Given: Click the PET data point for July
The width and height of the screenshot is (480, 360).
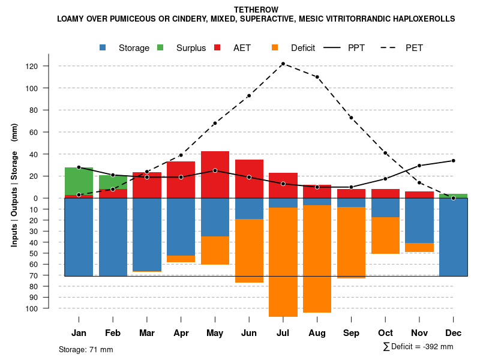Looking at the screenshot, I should (x=283, y=64).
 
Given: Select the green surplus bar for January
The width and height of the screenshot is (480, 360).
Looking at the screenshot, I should (x=79, y=181).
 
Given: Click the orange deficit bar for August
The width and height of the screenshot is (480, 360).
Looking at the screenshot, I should (x=317, y=259).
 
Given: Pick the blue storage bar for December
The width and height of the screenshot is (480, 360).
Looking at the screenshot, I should (x=453, y=237).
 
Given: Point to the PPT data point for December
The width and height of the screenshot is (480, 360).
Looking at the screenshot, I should (x=453, y=161).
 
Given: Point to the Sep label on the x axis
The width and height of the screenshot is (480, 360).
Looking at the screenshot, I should (x=351, y=333).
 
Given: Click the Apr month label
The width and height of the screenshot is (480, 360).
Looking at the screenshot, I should (x=181, y=333).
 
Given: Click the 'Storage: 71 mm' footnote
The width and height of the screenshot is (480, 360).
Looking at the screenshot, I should (x=86, y=349).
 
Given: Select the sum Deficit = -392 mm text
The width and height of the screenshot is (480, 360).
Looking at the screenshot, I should (x=418, y=347).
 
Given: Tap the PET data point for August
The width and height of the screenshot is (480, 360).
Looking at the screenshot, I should (x=317, y=77).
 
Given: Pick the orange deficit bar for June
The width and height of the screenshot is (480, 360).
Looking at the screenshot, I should (x=249, y=251).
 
